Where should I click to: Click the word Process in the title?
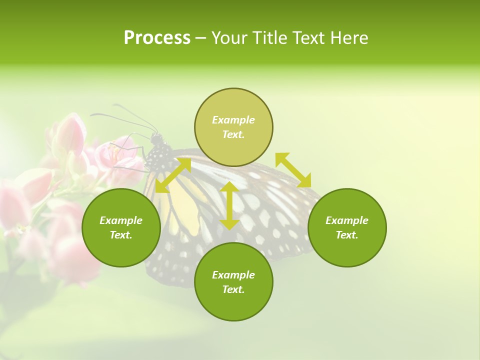(x=157, y=38)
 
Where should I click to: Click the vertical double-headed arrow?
(x=229, y=205)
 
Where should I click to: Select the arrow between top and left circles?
(x=173, y=175)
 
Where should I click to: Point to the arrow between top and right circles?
(x=293, y=170)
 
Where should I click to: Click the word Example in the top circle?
(x=233, y=120)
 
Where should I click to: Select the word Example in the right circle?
(x=347, y=220)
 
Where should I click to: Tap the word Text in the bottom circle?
(x=233, y=289)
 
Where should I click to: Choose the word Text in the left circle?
(x=121, y=235)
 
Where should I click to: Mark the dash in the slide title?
(x=201, y=38)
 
